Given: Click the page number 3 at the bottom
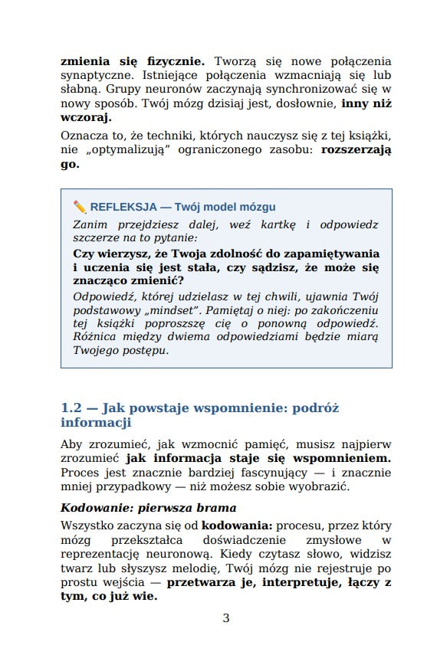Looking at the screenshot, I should coord(225,618).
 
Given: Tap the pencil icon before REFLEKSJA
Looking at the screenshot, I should coord(80,207).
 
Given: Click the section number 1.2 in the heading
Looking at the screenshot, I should coord(74,408).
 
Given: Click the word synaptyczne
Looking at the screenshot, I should coord(96,76).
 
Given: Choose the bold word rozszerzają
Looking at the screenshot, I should coord(356,150).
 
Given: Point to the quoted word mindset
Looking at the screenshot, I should coord(178,309).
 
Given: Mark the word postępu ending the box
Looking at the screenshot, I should coord(143,350).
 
